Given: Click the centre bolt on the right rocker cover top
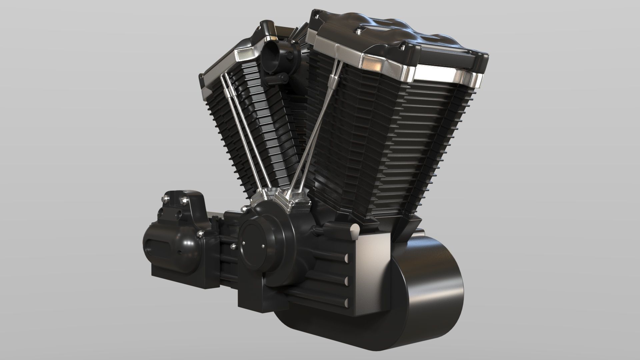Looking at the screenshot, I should click(x=358, y=32).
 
